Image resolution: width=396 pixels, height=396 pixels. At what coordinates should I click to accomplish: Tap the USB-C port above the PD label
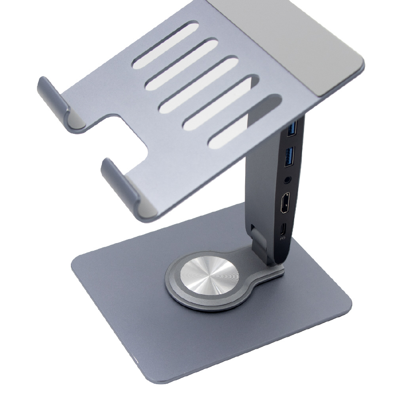point(283,229)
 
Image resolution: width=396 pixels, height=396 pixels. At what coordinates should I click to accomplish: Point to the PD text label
point(282,238)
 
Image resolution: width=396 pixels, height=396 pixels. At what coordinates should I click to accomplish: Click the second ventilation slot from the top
point(181,64)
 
